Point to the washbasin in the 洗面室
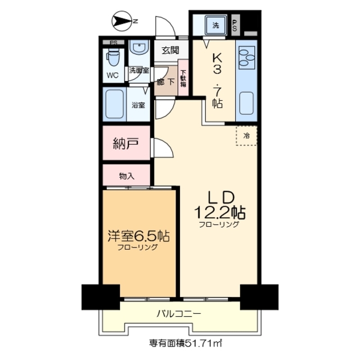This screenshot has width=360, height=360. point(138,49)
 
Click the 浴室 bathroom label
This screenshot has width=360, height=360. point(138,105)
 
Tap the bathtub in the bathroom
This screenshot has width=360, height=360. point(115,104)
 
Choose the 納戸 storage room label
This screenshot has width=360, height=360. point(127,143)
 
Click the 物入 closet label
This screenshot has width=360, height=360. point(127,175)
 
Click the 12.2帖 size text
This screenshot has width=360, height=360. point(220,213)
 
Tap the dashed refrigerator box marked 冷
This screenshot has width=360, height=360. point(246,136)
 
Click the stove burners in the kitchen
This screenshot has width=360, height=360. point(246,57)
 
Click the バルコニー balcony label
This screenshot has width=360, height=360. point(178,313)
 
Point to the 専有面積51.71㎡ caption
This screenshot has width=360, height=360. point(180,342)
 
